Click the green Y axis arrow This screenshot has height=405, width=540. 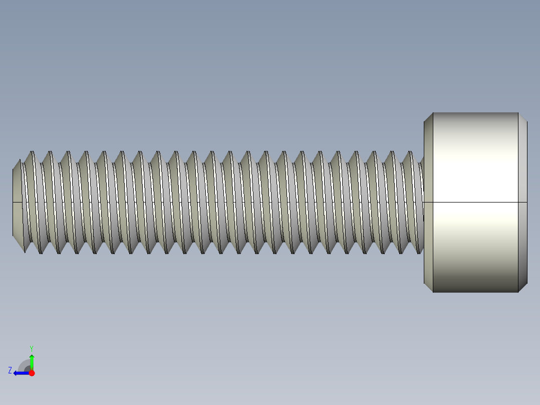(x=32, y=361)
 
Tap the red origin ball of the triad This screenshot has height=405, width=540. (x=32, y=373)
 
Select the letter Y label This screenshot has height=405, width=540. (x=31, y=348)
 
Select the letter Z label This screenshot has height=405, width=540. (x=10, y=370)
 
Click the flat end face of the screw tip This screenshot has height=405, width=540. (x=17, y=202)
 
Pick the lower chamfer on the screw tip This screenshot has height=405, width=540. (x=18, y=241)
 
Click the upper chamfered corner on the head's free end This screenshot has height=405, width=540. (x=522, y=117)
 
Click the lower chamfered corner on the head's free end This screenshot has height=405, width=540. (x=522, y=288)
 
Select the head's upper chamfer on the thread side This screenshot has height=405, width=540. (x=428, y=117)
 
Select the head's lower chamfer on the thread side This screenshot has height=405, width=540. (x=428, y=288)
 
